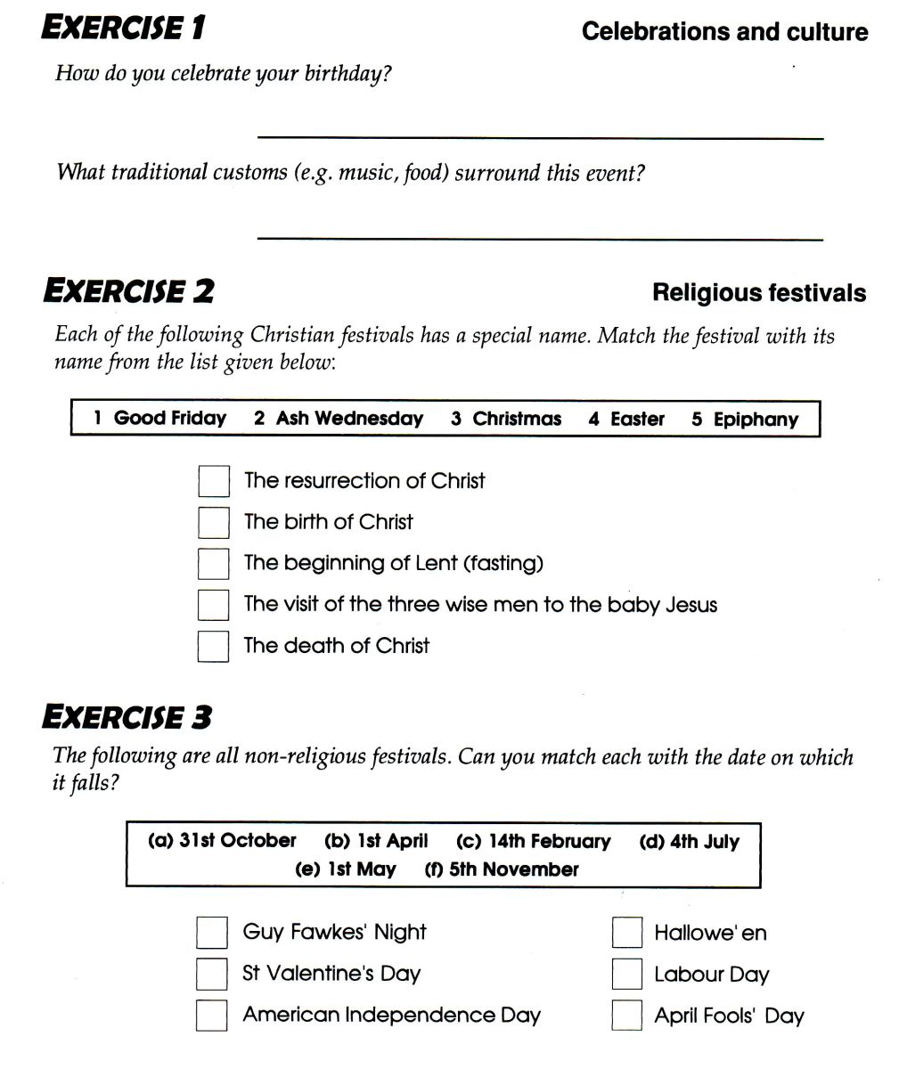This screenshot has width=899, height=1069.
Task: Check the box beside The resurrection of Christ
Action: [x=213, y=481]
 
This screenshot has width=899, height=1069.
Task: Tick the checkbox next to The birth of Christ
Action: [x=213, y=522]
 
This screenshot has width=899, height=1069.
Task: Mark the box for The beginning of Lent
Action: [x=213, y=563]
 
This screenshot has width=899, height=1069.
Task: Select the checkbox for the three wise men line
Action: [x=213, y=605]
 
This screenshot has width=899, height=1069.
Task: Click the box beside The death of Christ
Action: [x=213, y=646]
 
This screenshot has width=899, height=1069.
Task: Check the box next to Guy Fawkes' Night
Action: [x=211, y=933]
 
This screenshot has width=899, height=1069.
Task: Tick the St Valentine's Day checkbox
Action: [x=211, y=974]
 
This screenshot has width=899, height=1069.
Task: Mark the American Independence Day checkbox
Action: [x=211, y=1016]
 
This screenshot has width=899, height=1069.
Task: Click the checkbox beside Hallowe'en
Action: [x=627, y=933]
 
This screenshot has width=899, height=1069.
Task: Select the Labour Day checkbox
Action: [x=627, y=974]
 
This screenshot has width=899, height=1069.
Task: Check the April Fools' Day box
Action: [x=627, y=1016]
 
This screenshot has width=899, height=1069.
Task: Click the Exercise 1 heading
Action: [x=124, y=29]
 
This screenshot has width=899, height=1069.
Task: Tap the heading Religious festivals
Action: [x=759, y=293]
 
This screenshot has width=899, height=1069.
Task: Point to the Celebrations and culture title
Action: [x=724, y=32]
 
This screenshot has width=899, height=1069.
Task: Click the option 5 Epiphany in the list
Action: [x=745, y=420]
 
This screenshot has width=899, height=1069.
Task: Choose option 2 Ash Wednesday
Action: [x=339, y=419]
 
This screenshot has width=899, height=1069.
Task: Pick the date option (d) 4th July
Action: [x=689, y=842]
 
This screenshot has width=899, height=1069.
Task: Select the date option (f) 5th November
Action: [x=502, y=869]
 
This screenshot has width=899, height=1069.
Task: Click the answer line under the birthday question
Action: [x=540, y=137]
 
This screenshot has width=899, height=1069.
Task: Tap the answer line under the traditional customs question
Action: [x=540, y=239]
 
